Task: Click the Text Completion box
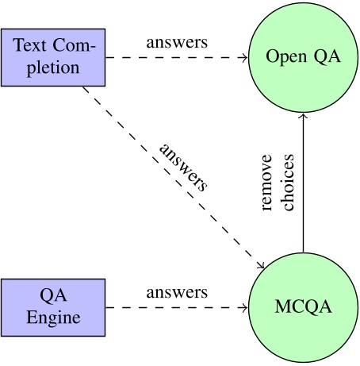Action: [x=53, y=58]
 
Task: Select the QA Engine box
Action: [x=53, y=307]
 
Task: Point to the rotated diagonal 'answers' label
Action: [x=184, y=168]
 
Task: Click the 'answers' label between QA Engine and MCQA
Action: [x=176, y=292]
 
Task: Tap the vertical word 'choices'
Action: [x=288, y=183]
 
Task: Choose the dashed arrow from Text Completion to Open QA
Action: [x=174, y=58]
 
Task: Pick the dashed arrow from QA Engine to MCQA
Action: [x=174, y=307]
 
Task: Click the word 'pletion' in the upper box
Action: [x=53, y=68]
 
